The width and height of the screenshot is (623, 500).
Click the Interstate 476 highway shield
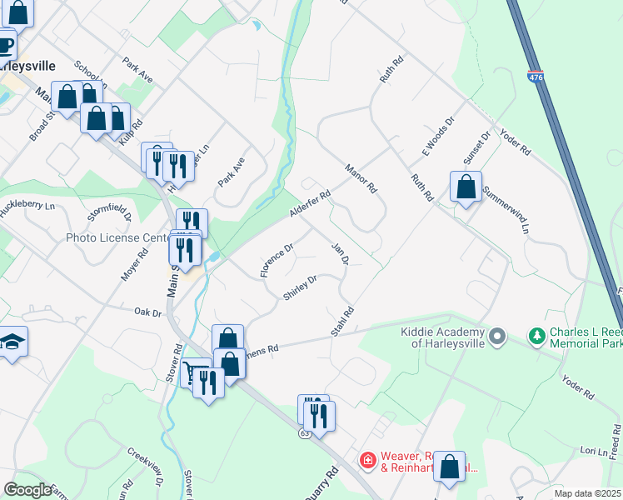(535, 77)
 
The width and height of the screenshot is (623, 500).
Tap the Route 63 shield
(306, 434)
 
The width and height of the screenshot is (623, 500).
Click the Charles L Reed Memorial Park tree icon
(537, 337)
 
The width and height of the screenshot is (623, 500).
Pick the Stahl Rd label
(342, 322)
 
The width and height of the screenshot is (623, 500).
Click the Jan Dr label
(339, 253)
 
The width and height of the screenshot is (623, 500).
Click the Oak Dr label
(147, 312)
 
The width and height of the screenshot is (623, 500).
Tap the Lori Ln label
(572, 450)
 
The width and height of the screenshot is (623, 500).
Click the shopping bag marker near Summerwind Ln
(466, 187)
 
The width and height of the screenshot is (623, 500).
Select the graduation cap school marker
(13, 342)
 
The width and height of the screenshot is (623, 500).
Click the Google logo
(27, 490)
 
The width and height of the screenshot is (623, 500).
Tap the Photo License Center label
(117, 237)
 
